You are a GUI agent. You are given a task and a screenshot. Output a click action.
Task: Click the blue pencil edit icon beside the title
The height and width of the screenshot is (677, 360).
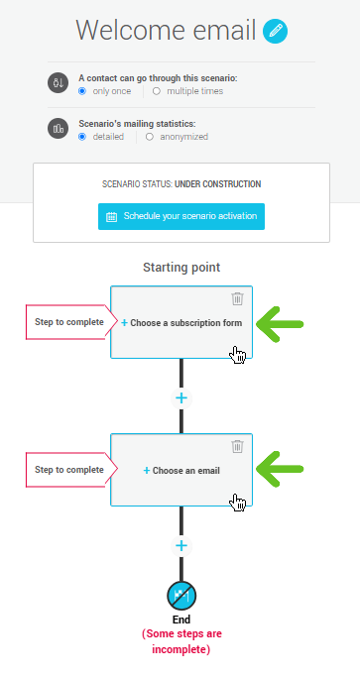pyautogui.click(x=277, y=32)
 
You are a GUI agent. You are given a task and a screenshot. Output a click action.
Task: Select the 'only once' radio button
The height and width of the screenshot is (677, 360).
pyautogui.click(x=83, y=91)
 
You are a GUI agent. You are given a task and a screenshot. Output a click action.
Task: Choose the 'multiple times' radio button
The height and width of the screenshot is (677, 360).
pyautogui.click(x=157, y=91)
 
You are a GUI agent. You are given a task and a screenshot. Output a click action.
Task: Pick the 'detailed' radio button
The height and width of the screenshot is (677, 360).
pyautogui.click(x=83, y=137)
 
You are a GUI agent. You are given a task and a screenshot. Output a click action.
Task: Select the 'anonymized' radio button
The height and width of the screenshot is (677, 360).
pyautogui.click(x=150, y=137)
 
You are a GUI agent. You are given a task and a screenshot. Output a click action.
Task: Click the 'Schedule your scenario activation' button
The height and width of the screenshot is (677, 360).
pyautogui.click(x=181, y=215)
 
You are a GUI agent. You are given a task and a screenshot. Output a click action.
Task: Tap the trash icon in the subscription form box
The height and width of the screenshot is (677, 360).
pyautogui.click(x=237, y=298)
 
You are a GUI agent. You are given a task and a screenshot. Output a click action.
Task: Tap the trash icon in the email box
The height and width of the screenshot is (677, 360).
pyautogui.click(x=237, y=447)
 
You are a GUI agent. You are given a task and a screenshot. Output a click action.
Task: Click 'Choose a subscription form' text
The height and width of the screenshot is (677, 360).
pyautogui.click(x=182, y=323)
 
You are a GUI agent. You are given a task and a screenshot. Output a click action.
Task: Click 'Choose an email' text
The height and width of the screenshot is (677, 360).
pyautogui.click(x=182, y=471)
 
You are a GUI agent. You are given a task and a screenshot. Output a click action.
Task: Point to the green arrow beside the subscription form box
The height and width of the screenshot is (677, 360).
pyautogui.click(x=280, y=323)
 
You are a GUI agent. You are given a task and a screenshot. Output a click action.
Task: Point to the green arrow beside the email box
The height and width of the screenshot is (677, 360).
pyautogui.click(x=280, y=471)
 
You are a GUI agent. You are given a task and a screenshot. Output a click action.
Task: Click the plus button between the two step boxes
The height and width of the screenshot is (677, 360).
pyautogui.click(x=181, y=397)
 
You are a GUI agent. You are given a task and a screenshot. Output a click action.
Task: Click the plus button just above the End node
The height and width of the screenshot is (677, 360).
pyautogui.click(x=181, y=545)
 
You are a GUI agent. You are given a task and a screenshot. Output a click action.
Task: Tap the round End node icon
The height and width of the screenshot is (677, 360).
pyautogui.click(x=181, y=596)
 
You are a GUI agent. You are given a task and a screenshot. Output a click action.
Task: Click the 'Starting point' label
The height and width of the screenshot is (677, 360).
pyautogui.click(x=181, y=268)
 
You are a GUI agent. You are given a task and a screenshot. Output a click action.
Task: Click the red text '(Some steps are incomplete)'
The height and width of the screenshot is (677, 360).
pyautogui.click(x=181, y=641)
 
